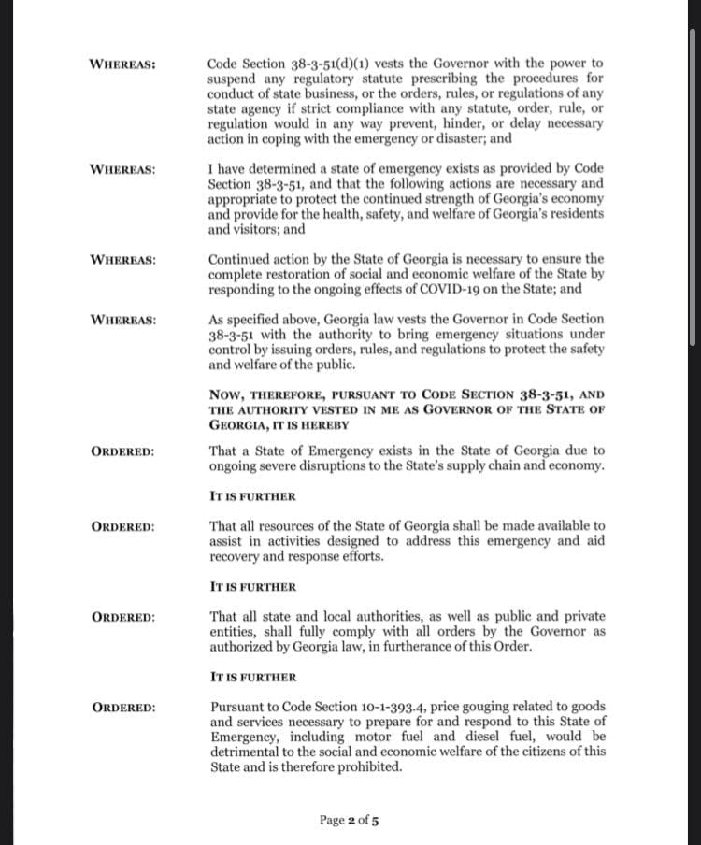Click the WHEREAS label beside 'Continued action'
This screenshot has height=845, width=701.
point(122,259)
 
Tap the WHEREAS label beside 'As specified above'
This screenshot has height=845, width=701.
point(122,320)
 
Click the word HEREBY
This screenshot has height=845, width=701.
point(322,425)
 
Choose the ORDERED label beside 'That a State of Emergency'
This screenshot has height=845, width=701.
point(123,451)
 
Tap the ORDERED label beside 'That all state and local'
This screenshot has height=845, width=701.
point(123,617)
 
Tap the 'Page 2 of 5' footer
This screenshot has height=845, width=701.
point(350,821)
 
